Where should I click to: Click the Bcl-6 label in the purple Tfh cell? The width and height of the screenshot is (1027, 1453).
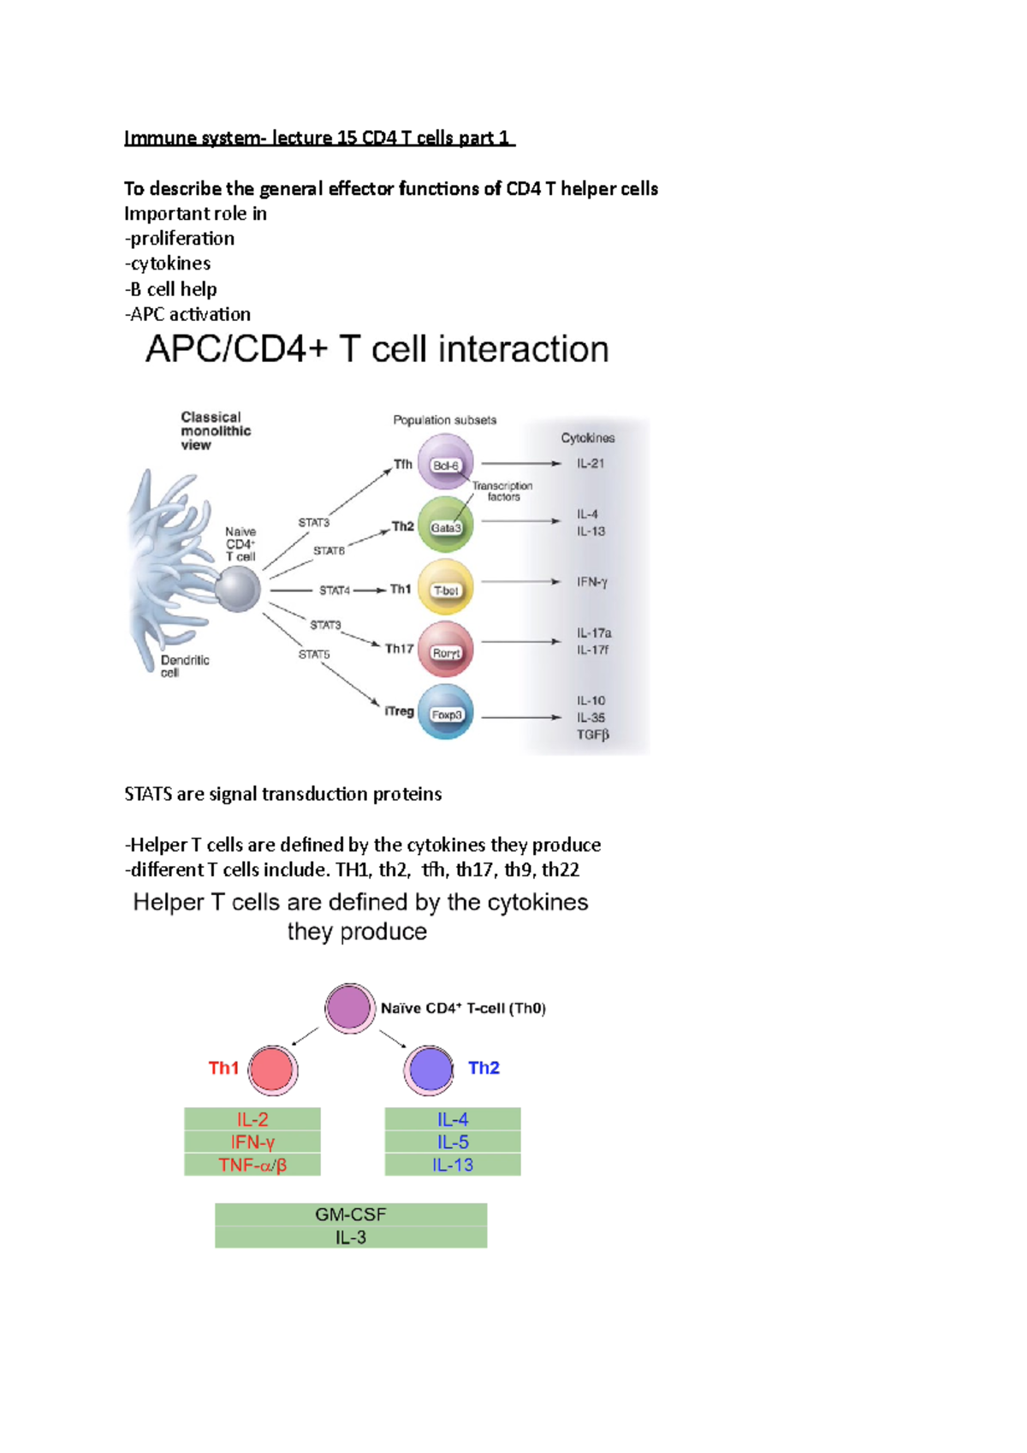446,466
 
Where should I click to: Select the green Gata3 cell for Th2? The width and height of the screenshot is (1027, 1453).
445,524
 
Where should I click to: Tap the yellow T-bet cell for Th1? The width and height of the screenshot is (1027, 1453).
445,587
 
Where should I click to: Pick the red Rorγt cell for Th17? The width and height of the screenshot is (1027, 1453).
445,649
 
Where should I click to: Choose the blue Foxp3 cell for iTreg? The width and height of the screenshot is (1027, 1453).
445,712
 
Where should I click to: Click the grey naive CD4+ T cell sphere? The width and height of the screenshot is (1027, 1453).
237,589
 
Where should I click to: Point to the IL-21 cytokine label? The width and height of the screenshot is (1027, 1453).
591,464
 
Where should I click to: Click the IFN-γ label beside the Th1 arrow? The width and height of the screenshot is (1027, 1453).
591,582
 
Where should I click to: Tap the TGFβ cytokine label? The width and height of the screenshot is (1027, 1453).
592,734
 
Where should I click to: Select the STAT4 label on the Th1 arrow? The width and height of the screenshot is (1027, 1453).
335,590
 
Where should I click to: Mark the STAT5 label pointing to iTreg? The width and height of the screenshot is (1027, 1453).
314,655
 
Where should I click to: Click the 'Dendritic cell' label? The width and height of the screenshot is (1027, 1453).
184,666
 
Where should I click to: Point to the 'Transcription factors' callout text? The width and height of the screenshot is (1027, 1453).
502,491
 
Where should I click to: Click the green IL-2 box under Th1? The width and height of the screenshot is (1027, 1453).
252,1119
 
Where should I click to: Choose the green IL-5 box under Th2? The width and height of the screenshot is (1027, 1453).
453,1142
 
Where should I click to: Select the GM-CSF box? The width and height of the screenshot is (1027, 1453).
351,1214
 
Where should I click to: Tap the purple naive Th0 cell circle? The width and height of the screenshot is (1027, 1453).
349,1007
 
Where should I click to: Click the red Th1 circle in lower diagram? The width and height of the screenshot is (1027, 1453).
272,1070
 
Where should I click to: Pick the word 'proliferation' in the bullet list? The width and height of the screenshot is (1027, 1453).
181,239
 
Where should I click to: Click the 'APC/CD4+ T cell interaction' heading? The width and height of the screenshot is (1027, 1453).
377,349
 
